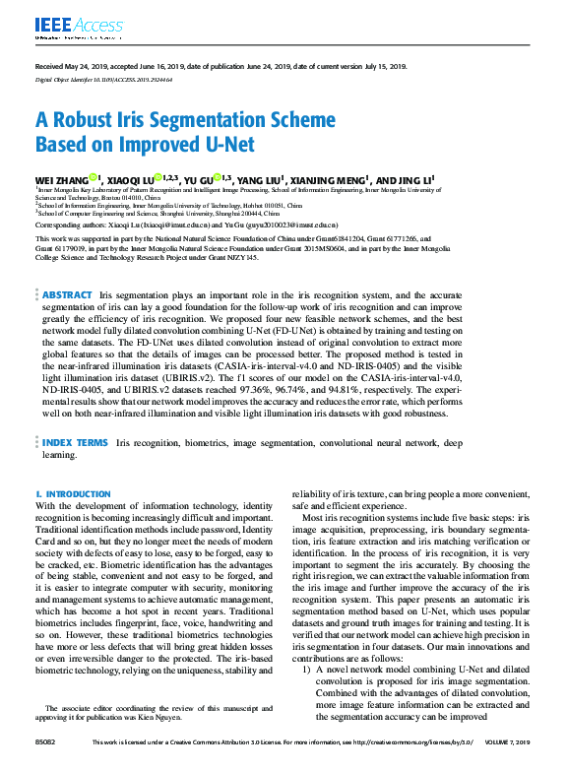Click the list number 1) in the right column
[x=307, y=697]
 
